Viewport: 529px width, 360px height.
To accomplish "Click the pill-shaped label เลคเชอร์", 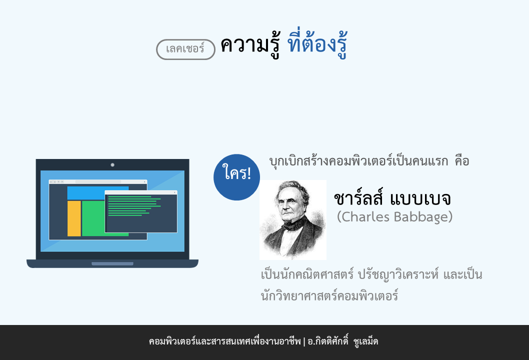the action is coord(185,49).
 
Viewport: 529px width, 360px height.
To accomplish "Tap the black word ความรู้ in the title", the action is coord(250,45).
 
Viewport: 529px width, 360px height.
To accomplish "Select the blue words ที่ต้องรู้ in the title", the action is coord(317,45).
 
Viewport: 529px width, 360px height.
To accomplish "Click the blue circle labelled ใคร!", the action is coord(237,177).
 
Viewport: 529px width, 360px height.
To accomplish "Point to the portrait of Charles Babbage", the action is coord(293,220).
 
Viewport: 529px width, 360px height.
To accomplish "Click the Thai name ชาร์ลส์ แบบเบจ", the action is coord(392,197).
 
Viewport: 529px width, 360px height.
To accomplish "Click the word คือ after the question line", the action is coord(462,161).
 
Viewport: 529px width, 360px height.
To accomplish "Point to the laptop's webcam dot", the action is coord(112,165).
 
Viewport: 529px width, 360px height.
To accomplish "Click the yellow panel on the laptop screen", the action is coord(74,218).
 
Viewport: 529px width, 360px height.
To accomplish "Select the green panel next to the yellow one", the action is coord(93,218).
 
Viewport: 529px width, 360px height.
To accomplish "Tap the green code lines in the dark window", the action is coord(134,206).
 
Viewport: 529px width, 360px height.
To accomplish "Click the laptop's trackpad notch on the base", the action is coord(112,263).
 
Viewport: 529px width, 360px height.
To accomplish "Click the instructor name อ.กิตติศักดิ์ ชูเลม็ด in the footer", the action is coord(343,341).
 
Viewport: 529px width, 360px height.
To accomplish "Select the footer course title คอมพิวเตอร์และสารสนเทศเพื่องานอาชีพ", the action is coord(224,341).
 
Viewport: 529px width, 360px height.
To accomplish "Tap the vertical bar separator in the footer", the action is coord(304,342).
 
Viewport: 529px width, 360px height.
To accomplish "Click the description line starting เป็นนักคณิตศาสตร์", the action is coord(371,274).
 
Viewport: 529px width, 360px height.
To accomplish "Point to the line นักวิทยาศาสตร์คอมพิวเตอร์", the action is coord(329,295).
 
